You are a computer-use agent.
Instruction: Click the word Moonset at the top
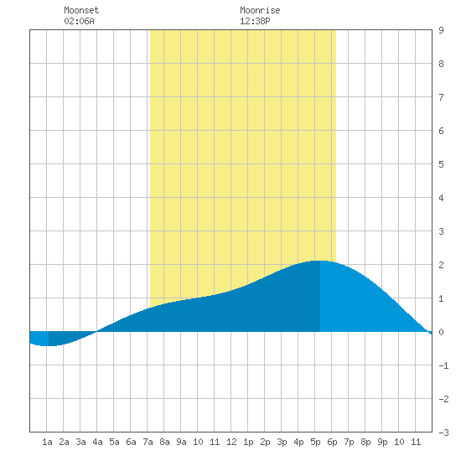(x=81, y=10)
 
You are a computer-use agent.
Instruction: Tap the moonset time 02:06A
(x=79, y=21)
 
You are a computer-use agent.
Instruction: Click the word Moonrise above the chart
(x=260, y=10)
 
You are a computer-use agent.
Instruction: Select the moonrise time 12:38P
(x=255, y=21)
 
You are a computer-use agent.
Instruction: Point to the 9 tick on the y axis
(x=441, y=30)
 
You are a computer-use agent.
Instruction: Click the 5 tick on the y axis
(x=441, y=164)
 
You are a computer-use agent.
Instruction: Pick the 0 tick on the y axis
(x=441, y=332)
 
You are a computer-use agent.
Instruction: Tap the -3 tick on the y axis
(x=443, y=433)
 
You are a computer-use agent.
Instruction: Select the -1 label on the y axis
(x=443, y=365)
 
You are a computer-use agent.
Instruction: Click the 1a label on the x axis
(x=47, y=442)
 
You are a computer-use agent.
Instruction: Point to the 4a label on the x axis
(x=97, y=442)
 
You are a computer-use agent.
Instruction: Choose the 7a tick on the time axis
(x=148, y=442)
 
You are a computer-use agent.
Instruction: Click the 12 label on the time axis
(x=231, y=442)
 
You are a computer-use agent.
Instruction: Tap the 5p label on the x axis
(x=315, y=442)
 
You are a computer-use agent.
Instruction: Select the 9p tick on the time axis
(x=382, y=442)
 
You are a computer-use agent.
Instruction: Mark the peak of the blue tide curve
(x=319, y=261)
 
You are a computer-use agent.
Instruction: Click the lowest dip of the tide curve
(x=48, y=345)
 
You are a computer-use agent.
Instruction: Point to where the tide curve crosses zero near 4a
(x=96, y=332)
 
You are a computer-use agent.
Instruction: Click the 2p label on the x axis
(x=265, y=442)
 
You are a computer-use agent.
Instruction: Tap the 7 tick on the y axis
(x=441, y=97)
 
